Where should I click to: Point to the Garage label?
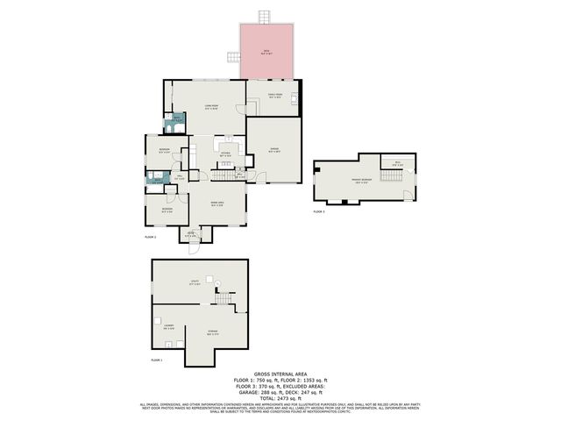(x=273, y=150)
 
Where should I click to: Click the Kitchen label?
(x=225, y=153)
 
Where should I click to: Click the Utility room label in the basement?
(x=195, y=282)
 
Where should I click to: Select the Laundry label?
(x=167, y=326)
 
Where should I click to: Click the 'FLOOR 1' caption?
(x=157, y=360)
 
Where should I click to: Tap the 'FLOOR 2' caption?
(x=150, y=237)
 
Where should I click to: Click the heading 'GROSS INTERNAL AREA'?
(x=280, y=373)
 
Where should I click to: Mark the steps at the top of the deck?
(x=263, y=17)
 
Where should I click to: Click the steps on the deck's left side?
(x=233, y=56)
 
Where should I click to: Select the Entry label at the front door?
(x=189, y=234)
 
